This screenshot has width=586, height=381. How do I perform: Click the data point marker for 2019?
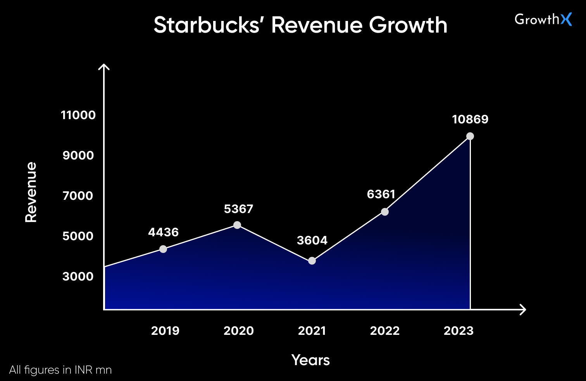163,249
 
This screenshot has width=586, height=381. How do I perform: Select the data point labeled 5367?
237,225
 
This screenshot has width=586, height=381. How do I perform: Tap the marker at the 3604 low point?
312,261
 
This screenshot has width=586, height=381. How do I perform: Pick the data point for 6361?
385,212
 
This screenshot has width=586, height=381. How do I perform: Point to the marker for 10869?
470,136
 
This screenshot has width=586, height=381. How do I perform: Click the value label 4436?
163,232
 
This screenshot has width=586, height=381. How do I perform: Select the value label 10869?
470,119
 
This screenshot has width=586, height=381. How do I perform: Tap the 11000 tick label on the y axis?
78,115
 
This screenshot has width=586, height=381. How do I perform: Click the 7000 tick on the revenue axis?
78,196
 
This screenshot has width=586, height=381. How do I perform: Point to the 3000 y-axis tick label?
78,277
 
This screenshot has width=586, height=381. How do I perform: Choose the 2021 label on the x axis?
312,331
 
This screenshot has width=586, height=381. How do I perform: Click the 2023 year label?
458,331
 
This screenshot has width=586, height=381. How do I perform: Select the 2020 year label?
239,331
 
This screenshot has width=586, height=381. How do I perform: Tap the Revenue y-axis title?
31,192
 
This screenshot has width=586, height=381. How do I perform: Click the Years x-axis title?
310,360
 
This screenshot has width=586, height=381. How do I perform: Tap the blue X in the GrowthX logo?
566,19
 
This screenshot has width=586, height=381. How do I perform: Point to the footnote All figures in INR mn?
60,370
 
